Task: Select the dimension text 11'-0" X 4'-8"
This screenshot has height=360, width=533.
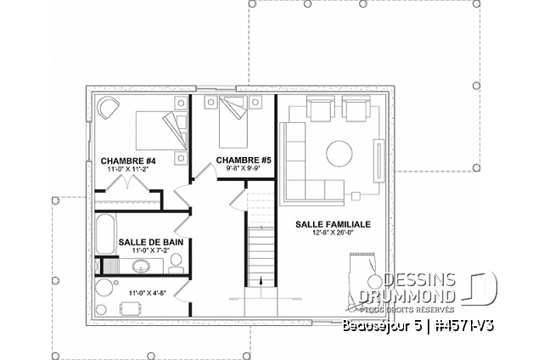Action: click(x=147, y=293)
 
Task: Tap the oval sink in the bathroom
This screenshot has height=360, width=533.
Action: click(x=142, y=267)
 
